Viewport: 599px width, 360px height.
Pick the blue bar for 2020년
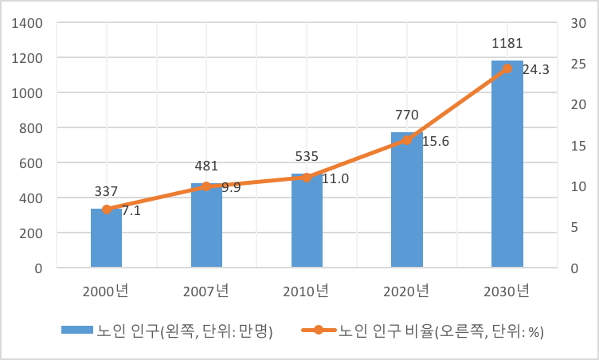tap(406, 200)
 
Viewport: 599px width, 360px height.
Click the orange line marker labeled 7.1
tap(107, 209)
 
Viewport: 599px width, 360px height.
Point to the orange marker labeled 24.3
tap(507, 68)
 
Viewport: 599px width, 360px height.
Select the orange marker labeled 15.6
tap(406, 139)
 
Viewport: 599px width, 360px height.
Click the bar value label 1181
tap(507, 43)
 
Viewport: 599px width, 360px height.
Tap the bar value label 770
tap(406, 115)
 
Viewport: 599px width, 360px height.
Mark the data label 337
tap(106, 192)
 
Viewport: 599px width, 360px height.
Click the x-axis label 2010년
tap(307, 291)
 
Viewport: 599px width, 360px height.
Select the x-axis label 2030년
tap(507, 291)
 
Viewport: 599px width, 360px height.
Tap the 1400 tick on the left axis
tap(28, 23)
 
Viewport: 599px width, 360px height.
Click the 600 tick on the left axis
tap(33, 163)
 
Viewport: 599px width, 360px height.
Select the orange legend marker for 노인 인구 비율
tap(317, 330)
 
